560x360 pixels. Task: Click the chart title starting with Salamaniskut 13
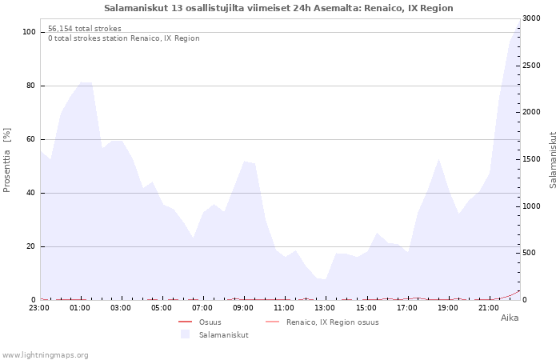point(278,8)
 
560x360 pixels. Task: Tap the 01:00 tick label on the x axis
point(80,307)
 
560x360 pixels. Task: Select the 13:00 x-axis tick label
point(325,307)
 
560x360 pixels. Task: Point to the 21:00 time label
point(489,307)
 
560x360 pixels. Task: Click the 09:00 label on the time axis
point(243,307)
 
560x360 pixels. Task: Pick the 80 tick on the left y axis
point(30,86)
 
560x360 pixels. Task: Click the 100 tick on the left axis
point(28,32)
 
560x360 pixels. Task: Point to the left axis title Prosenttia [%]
point(7,160)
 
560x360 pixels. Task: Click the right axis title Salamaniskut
point(553,160)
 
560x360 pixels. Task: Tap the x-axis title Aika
point(510,318)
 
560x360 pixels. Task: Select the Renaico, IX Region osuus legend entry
point(332,322)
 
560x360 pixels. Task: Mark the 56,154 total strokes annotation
point(85,29)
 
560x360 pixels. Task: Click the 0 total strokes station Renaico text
point(123,38)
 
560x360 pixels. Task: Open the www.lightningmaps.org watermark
point(46,354)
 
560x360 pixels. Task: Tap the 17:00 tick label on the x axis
point(407,307)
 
